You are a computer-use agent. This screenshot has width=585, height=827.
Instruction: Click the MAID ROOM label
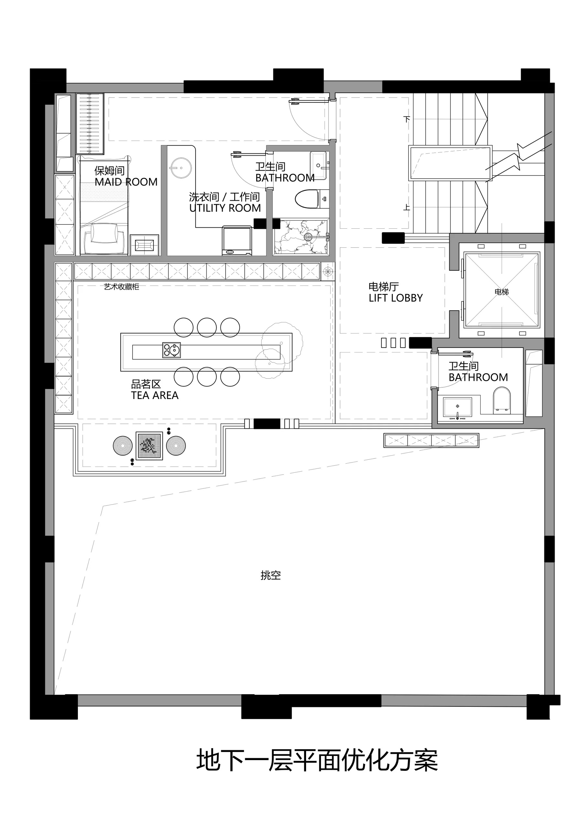(126, 182)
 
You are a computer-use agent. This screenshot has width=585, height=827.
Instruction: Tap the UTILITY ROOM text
(225, 208)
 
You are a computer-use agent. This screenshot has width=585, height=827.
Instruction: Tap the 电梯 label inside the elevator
(502, 292)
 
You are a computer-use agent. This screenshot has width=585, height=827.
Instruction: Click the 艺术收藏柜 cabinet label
(122, 287)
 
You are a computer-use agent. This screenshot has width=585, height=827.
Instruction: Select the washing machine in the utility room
(237, 241)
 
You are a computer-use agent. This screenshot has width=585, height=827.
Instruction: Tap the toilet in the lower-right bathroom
(502, 401)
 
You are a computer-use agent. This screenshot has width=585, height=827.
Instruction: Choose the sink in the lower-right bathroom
(457, 407)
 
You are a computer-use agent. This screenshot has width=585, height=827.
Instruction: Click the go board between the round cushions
(149, 446)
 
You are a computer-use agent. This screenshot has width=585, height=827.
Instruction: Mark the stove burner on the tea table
(171, 350)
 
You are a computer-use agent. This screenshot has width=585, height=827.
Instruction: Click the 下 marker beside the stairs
(407, 119)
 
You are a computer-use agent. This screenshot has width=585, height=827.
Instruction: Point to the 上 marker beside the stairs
(407, 207)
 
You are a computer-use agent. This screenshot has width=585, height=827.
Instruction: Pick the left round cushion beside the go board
(123, 445)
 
